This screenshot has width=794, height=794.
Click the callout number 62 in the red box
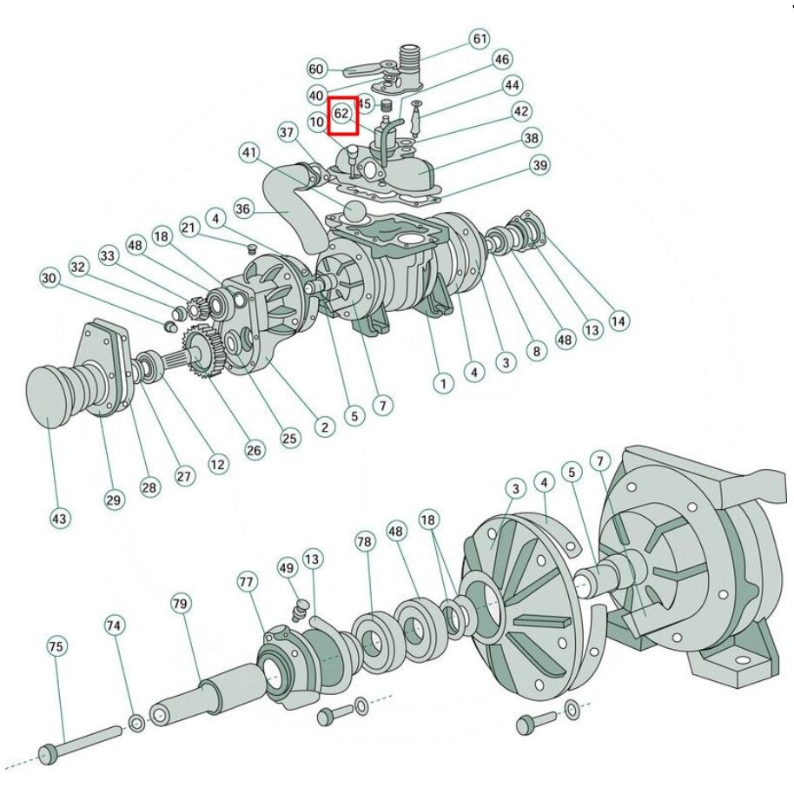[342, 114]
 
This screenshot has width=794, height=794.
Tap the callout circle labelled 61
[480, 39]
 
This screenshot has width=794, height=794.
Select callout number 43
[59, 519]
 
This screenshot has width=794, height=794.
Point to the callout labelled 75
[56, 647]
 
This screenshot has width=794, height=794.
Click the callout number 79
[181, 603]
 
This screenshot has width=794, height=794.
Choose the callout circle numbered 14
[618, 321]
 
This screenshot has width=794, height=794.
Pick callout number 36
[243, 208]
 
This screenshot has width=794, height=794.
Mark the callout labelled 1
[443, 382]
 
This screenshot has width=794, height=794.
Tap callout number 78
[365, 541]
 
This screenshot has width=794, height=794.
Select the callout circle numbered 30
[49, 279]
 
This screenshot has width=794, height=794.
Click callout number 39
[540, 165]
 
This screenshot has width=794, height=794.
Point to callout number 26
[254, 450]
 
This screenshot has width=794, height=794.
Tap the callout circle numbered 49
[288, 569]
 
